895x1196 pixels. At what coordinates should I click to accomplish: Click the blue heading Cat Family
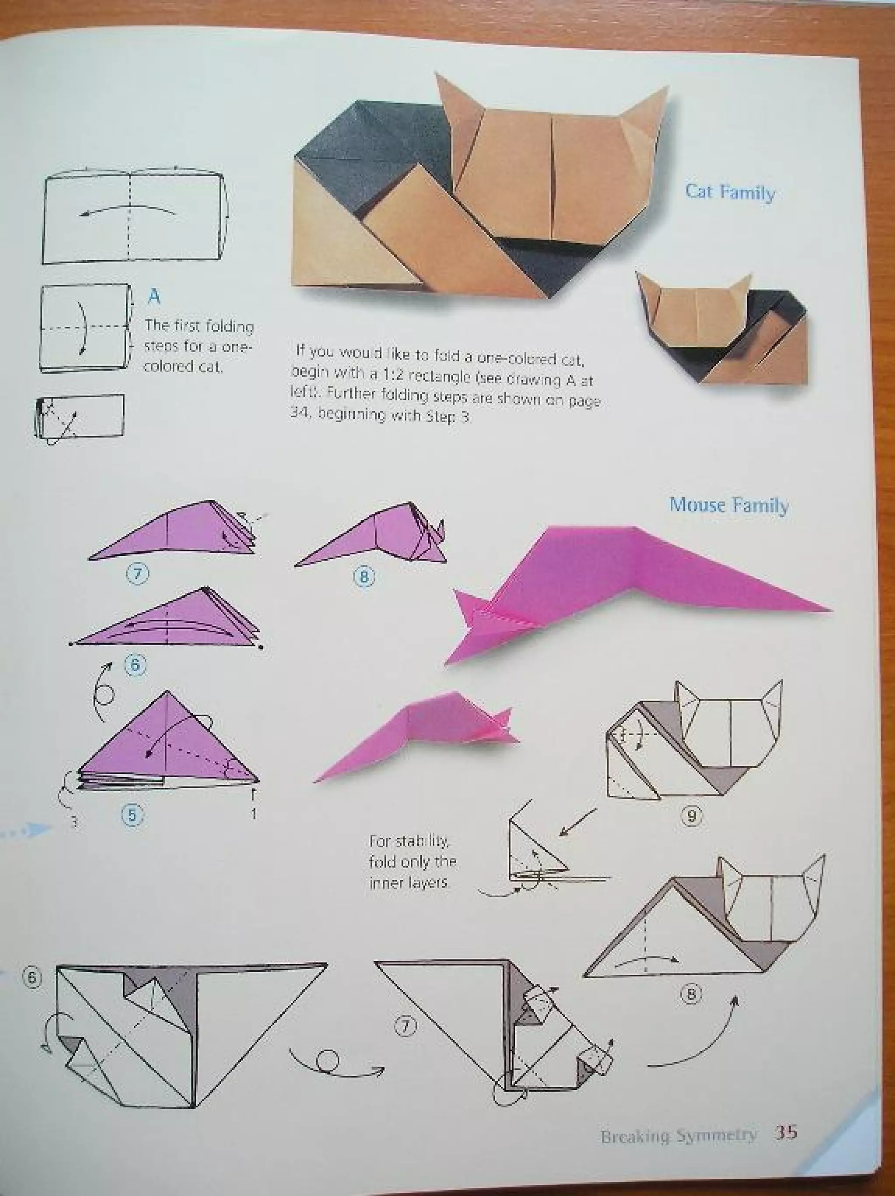click(730, 192)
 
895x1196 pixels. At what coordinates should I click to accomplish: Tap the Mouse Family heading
click(728, 505)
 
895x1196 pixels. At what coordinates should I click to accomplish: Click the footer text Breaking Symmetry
click(678, 1136)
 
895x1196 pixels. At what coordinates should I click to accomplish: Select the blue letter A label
click(155, 296)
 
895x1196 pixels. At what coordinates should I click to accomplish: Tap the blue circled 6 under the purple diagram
click(135, 665)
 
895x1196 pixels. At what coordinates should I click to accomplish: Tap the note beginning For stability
click(413, 862)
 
